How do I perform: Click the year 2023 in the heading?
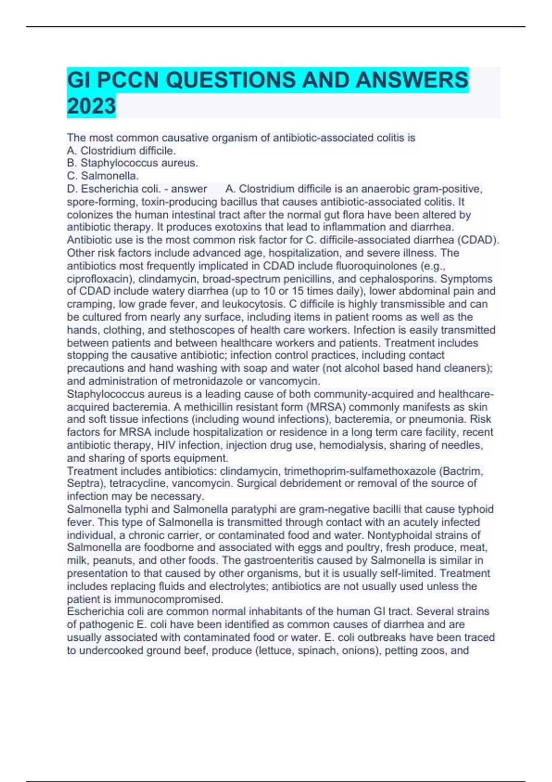[x=91, y=106]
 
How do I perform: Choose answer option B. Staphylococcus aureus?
[x=132, y=163]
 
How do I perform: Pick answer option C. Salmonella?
[x=103, y=176]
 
